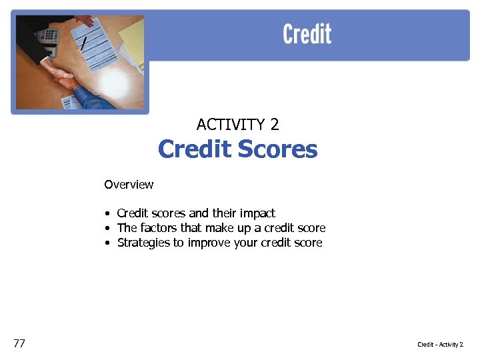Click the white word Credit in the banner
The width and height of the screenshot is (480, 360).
[x=307, y=33]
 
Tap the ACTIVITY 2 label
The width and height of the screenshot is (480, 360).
[x=237, y=124]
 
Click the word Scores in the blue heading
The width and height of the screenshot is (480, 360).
[x=277, y=149]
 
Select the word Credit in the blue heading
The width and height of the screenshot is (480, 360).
[x=195, y=149]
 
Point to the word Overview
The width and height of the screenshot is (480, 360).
[x=129, y=185]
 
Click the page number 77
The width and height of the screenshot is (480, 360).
[x=19, y=343]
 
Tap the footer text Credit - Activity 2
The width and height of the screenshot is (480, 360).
[x=440, y=344]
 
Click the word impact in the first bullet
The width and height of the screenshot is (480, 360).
[x=257, y=213]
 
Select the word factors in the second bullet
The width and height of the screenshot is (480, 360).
[x=159, y=228]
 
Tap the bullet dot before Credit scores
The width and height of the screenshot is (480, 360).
[x=107, y=214]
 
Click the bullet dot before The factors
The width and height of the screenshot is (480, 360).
[x=107, y=229]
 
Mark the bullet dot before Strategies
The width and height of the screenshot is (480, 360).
[x=107, y=243]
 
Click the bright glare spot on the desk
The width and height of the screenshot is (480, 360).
[x=113, y=81]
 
